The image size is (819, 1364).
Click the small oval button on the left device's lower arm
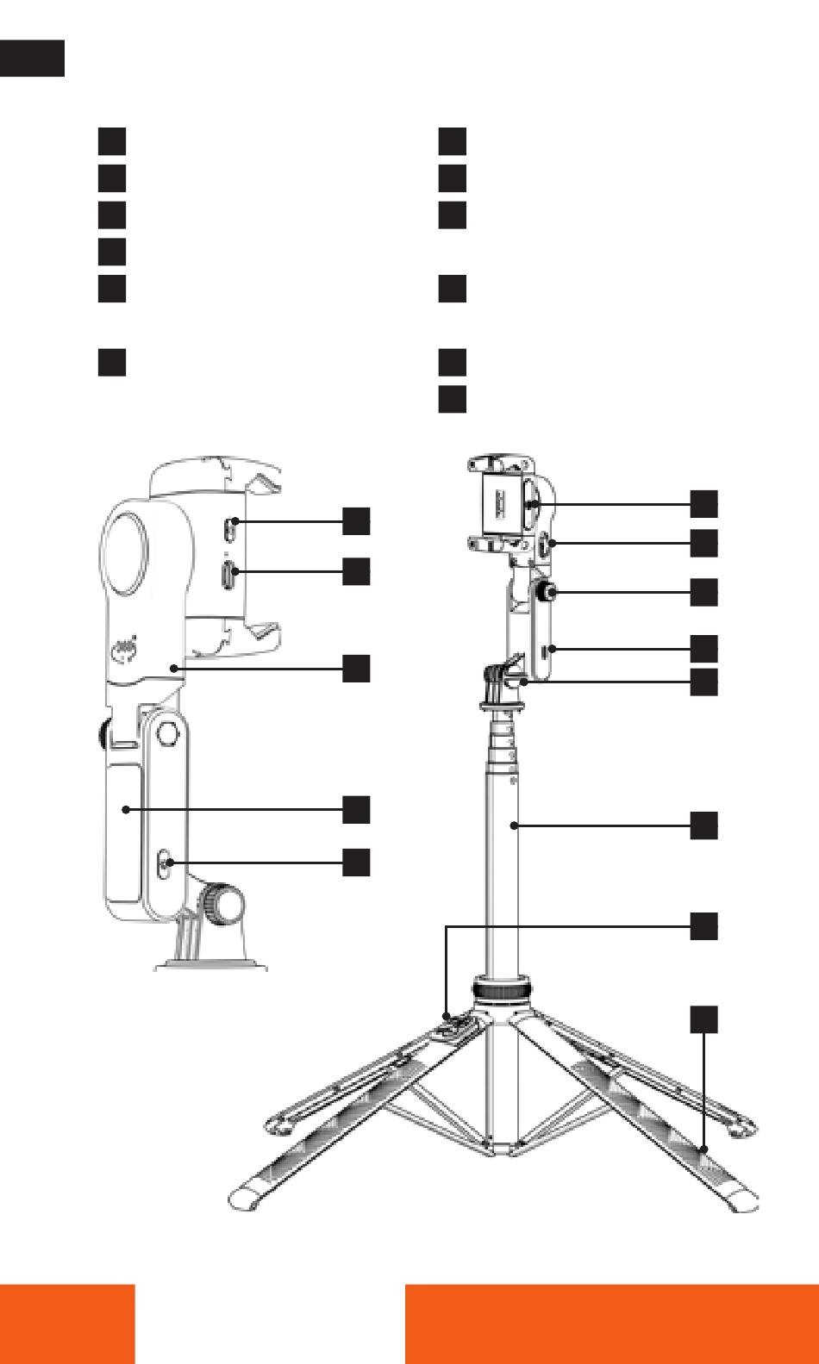pyautogui.click(x=167, y=863)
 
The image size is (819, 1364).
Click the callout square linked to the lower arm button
pyautogui.click(x=356, y=862)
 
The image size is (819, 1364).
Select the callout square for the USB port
pyautogui.click(x=356, y=570)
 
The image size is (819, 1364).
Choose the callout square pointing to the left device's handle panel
pyautogui.click(x=356, y=809)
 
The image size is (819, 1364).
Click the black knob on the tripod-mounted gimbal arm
pyautogui.click(x=546, y=593)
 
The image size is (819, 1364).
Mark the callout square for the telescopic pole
pyautogui.click(x=704, y=825)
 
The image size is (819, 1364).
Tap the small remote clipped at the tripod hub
pyautogui.click(x=456, y=1025)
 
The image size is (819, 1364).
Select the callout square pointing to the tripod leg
pyautogui.click(x=704, y=1018)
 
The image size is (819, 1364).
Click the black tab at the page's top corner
pyautogui.click(x=32, y=57)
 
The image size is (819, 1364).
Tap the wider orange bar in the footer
pyautogui.click(x=611, y=1324)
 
